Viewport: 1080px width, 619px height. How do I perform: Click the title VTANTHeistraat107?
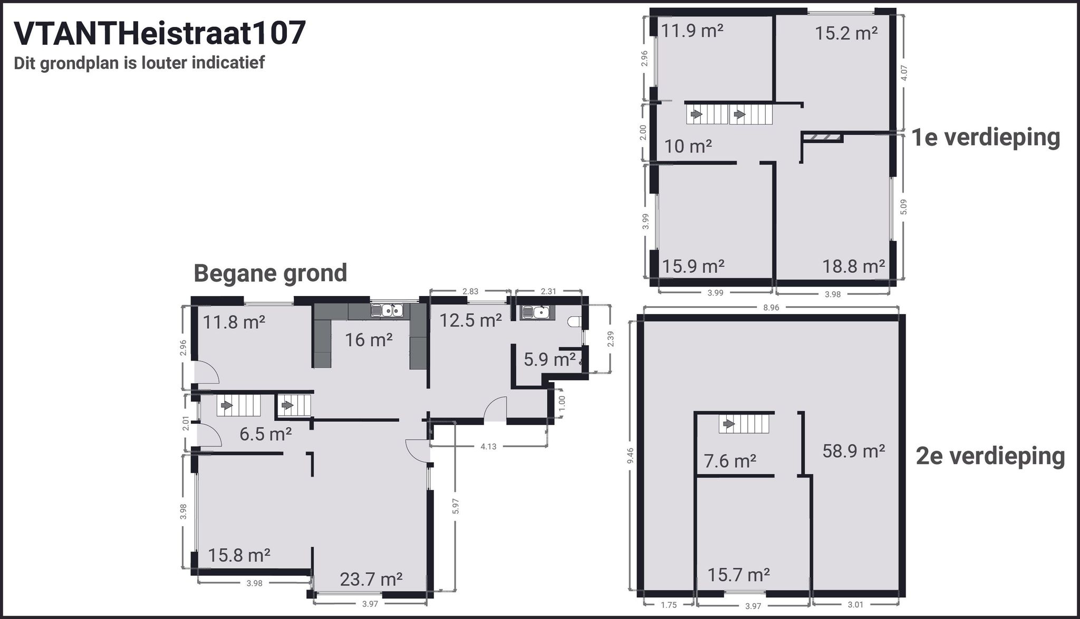[159, 34]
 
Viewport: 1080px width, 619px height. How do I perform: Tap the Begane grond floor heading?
[270, 273]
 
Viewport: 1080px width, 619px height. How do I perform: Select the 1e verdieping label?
[986, 137]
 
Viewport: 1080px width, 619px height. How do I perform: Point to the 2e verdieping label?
[990, 456]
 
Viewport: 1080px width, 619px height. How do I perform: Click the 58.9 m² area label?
[853, 451]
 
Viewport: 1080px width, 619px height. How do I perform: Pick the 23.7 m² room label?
[371, 579]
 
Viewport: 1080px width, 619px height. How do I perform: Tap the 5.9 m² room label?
[549, 360]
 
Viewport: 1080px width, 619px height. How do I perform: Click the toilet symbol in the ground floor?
[574, 321]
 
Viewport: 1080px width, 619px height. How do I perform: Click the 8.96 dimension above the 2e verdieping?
[770, 308]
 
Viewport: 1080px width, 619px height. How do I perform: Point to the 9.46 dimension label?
[631, 455]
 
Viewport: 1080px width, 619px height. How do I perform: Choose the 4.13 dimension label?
[488, 446]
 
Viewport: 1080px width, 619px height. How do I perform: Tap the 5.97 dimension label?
[456, 506]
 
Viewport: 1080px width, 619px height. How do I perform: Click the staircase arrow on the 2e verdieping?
[729, 423]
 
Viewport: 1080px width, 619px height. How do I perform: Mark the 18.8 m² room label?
[853, 266]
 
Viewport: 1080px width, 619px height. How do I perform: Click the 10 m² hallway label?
[688, 146]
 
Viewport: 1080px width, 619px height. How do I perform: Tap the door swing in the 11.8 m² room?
[207, 373]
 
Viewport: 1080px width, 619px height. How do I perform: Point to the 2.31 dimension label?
[548, 291]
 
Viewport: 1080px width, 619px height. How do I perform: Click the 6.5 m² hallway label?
[265, 434]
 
